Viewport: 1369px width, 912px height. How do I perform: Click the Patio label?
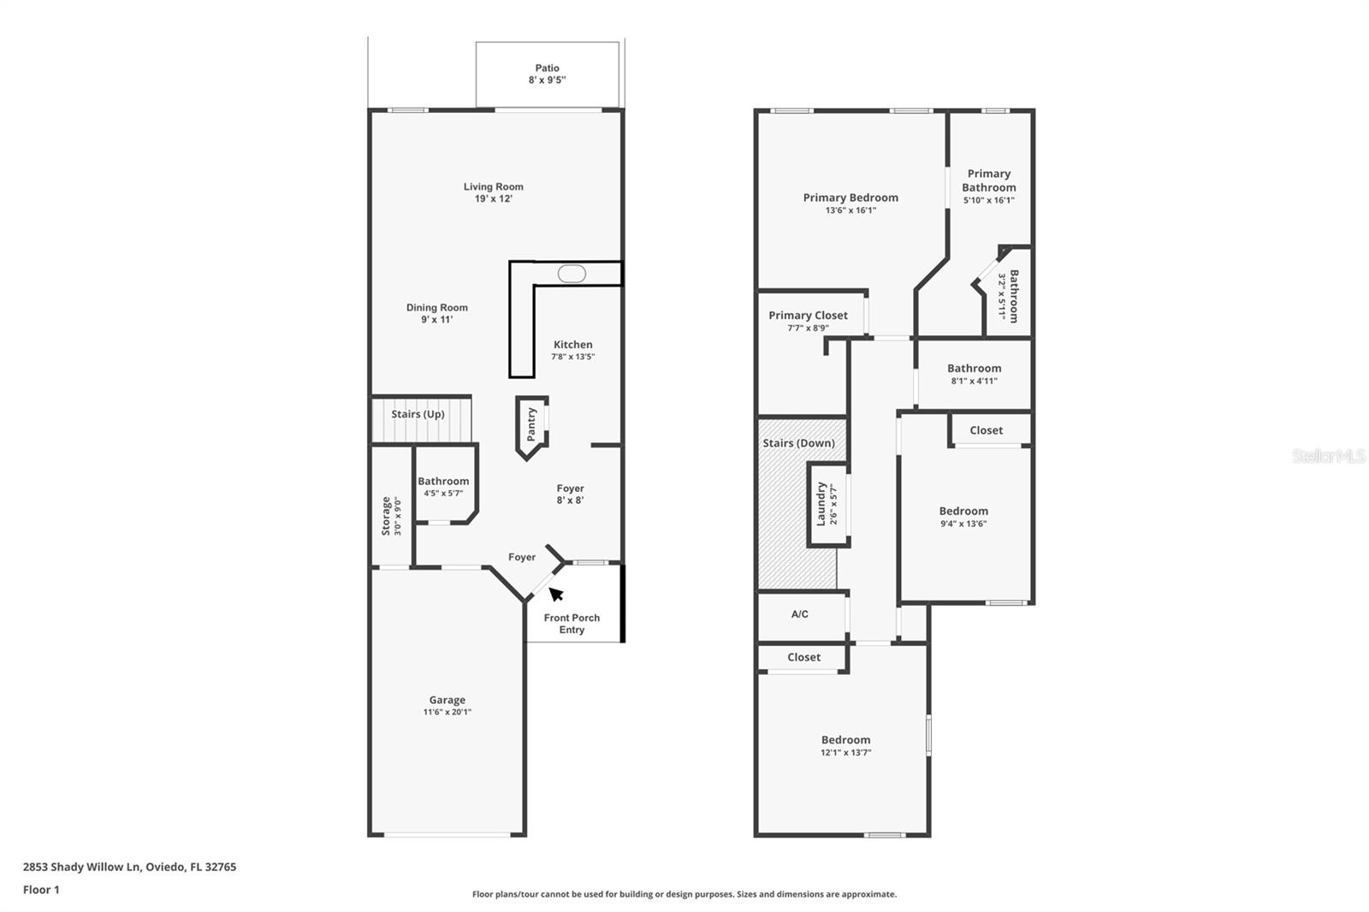[547, 68]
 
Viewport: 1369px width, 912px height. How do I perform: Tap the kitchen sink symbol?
[572, 274]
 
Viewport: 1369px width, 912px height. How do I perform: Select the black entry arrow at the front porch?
[555, 594]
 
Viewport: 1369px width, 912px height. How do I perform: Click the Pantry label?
[531, 423]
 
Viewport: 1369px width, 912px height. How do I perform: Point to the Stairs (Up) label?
[418, 414]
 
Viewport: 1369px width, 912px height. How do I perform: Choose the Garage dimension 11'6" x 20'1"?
[447, 712]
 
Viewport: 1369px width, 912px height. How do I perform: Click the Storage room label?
[386, 515]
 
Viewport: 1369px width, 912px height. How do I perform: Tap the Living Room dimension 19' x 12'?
[493, 198]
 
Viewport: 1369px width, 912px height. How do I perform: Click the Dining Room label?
[436, 307]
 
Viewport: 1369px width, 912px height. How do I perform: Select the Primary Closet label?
[808, 315]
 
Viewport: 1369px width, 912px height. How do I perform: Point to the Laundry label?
[821, 503]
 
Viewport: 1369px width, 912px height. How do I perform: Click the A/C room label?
[799, 614]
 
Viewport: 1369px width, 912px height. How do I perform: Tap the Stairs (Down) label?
[798, 443]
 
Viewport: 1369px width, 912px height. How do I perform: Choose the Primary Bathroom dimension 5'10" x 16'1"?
[988, 200]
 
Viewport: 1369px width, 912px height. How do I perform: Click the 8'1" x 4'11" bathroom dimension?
[974, 382]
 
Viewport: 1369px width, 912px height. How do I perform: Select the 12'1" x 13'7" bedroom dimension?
[845, 753]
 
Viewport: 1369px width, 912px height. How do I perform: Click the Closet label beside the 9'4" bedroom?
[986, 430]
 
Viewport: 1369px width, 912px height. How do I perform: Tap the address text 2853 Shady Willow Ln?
[81, 867]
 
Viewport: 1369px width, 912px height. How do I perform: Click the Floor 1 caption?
[41, 890]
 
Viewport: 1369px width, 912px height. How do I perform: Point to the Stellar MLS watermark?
[1328, 456]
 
